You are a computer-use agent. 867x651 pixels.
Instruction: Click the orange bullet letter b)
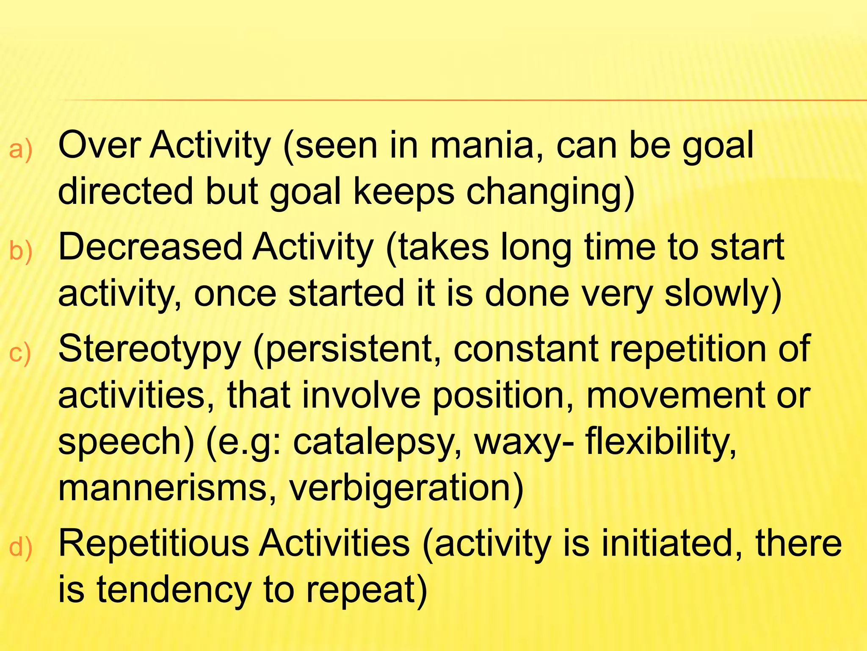pos(21,251)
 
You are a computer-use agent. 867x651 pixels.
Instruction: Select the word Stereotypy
pos(149,350)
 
